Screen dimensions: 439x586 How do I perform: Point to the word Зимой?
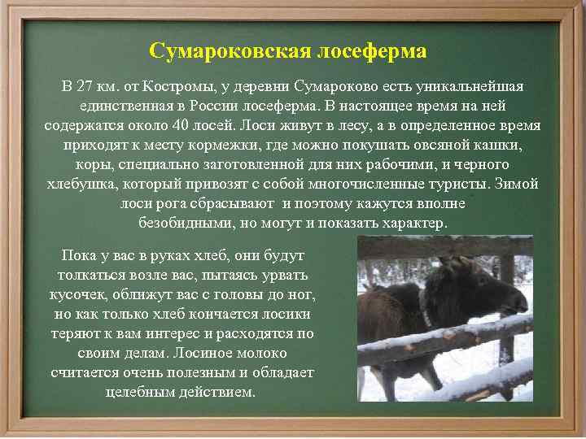pos(516,184)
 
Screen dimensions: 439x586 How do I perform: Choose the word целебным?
pos(143,392)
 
